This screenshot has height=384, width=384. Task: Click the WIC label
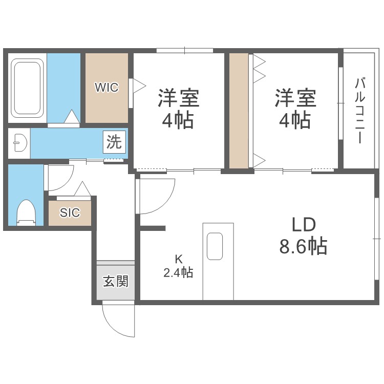(106, 88)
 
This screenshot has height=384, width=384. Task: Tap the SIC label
(70, 213)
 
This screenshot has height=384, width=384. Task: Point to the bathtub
(28, 88)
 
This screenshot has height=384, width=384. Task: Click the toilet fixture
(25, 212)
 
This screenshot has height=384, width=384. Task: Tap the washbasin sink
(19, 143)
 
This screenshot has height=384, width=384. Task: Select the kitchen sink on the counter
(215, 246)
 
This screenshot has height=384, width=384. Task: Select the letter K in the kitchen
(178, 259)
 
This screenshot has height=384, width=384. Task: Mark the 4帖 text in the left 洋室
(178, 121)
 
